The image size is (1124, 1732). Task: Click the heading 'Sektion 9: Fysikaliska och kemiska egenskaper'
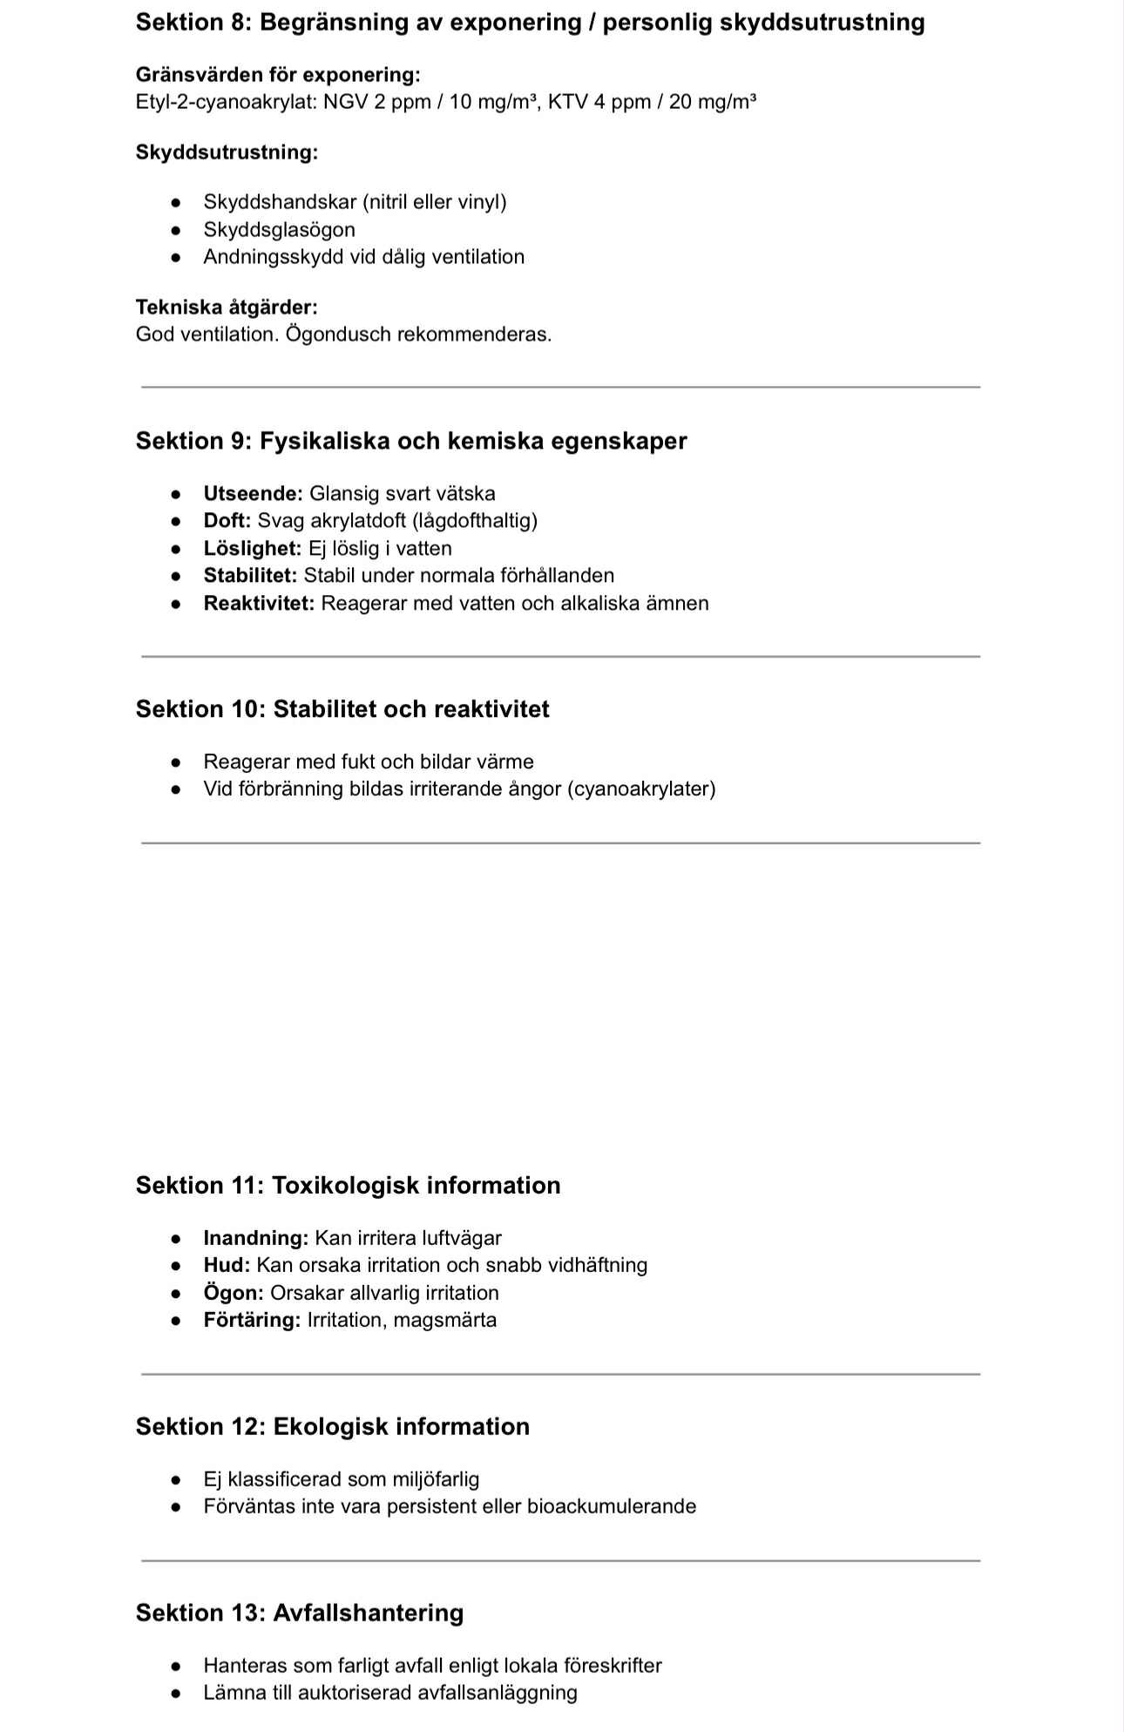click(x=411, y=441)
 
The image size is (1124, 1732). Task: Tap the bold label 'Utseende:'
click(x=253, y=493)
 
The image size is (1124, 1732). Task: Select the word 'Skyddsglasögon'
click(x=279, y=229)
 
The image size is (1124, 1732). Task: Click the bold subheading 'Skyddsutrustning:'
click(x=227, y=152)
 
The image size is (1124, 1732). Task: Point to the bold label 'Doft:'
click(x=227, y=520)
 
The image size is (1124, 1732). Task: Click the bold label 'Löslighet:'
click(x=252, y=548)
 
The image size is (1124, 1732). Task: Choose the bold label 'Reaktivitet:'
click(x=259, y=603)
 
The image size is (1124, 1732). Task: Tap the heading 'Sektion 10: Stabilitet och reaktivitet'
click(x=342, y=709)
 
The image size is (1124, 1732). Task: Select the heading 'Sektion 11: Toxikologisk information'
click(x=348, y=1185)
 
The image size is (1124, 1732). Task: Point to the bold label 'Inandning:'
click(x=255, y=1237)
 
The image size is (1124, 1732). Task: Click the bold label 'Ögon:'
click(x=233, y=1292)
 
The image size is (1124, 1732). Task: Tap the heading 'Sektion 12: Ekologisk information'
click(x=333, y=1426)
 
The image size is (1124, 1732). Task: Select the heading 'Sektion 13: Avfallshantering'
click(x=300, y=1613)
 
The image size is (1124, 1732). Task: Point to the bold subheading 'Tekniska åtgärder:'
click(x=227, y=307)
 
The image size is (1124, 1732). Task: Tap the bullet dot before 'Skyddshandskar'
click(x=176, y=202)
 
